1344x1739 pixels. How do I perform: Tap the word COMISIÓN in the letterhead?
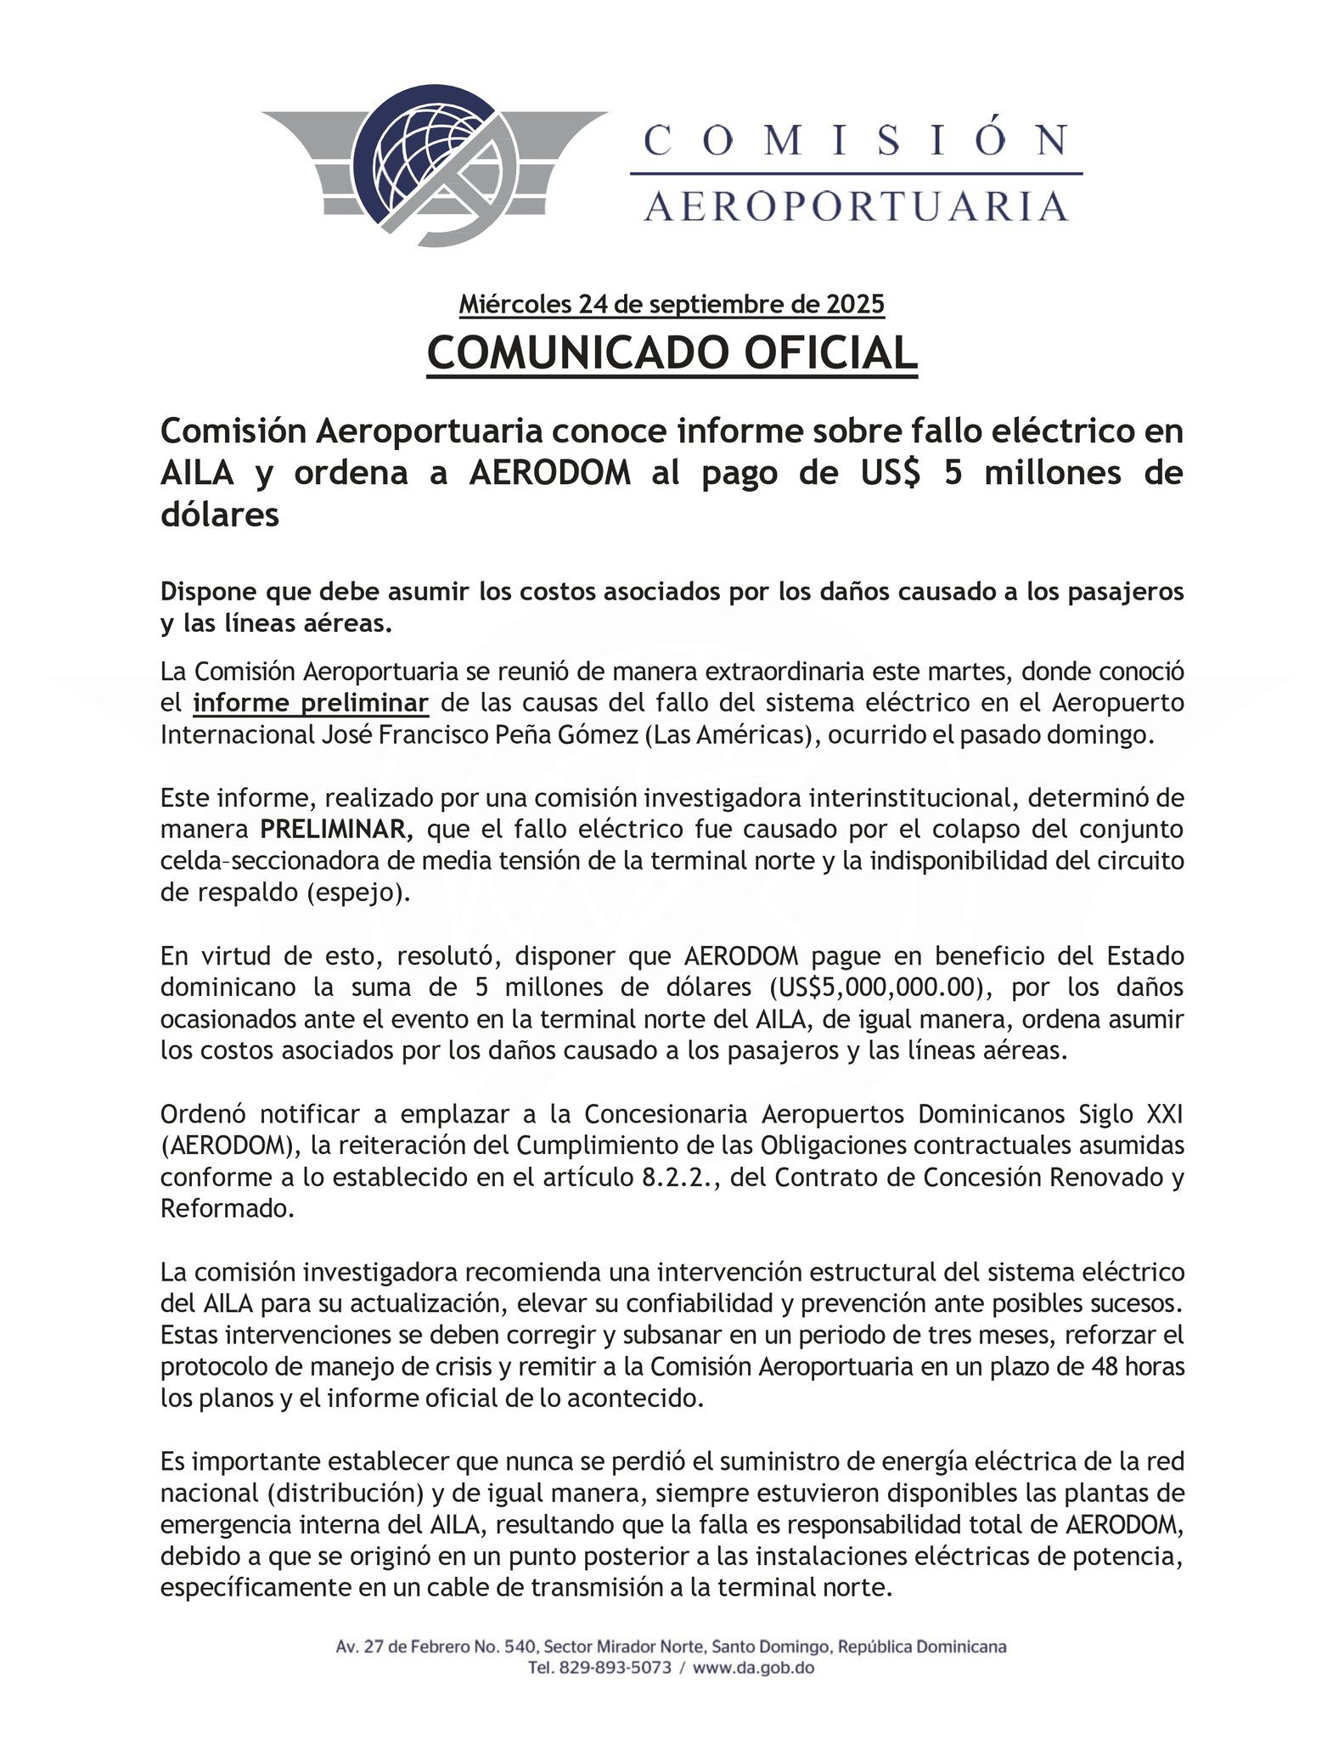856,140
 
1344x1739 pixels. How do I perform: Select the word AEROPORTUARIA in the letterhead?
856,206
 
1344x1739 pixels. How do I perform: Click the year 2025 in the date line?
853,304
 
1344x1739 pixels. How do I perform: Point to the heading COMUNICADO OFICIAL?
672,353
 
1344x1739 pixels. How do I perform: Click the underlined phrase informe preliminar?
311,704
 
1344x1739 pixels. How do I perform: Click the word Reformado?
228,1209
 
